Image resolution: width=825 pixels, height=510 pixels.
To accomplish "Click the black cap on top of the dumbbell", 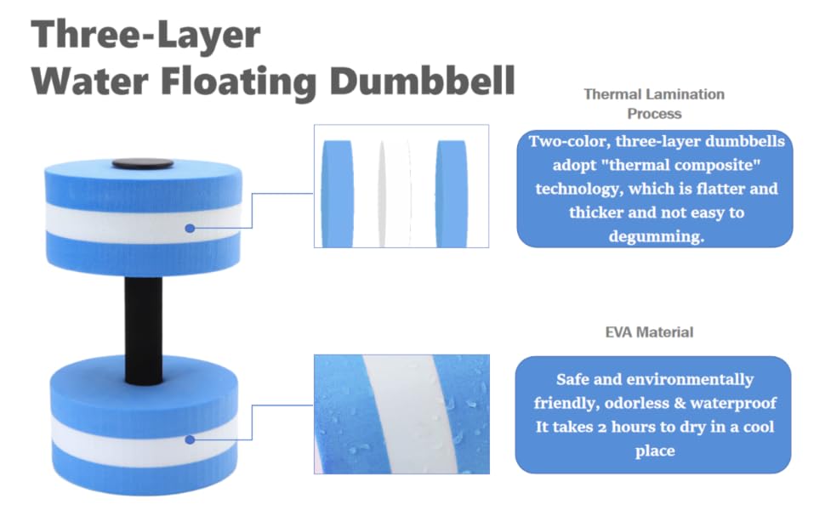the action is point(142,163).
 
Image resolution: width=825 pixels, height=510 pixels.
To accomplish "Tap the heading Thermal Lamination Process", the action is point(654,103).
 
